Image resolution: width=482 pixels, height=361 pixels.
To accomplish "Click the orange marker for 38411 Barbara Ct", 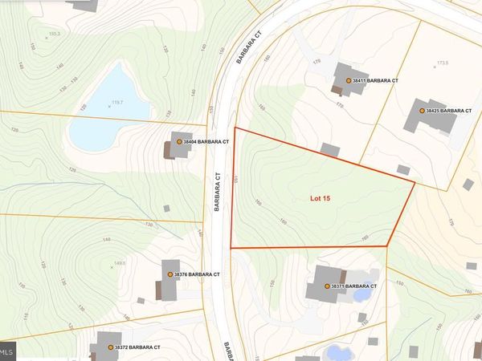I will tap(349, 81).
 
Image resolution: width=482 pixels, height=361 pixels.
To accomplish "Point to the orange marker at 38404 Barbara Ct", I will tap(179, 142).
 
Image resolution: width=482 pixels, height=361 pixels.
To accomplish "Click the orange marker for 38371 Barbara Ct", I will tap(326, 286).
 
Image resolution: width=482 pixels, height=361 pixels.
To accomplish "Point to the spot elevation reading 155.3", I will tap(55, 34).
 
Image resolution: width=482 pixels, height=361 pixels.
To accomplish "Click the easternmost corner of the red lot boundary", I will tap(415, 183).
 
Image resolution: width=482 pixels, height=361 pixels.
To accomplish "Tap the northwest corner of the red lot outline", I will tap(235, 128).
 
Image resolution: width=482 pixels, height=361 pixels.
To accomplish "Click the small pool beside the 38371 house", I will tap(361, 294).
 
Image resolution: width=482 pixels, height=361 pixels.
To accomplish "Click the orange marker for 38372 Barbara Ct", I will tap(111, 347).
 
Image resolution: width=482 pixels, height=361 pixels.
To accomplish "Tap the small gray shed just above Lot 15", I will tap(329, 150).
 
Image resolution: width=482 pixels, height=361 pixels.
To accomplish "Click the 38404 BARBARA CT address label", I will tap(207, 142).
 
